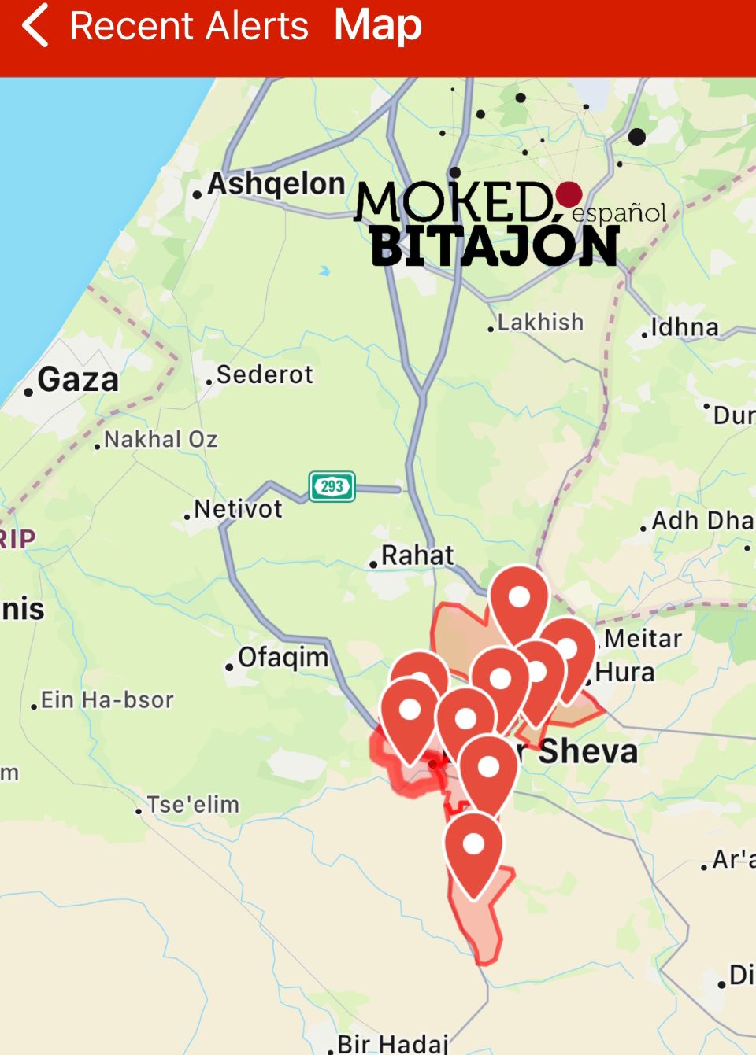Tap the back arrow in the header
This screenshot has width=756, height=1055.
point(35,25)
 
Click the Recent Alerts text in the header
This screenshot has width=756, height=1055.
point(189,26)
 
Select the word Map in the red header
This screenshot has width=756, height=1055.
point(378,25)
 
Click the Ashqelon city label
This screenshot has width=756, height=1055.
point(276,184)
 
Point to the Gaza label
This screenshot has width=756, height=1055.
point(77,380)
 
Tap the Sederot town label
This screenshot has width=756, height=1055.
point(265,374)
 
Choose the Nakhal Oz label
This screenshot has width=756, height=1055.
point(161,439)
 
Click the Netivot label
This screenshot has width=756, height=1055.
point(238,509)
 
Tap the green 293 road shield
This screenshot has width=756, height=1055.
point(332,486)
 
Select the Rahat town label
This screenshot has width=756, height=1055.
point(417,555)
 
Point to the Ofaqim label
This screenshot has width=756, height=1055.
point(283,657)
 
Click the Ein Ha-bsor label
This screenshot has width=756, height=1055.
point(107,699)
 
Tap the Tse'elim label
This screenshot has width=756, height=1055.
point(193,805)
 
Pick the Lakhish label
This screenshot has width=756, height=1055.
point(540,323)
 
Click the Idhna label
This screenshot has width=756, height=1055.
point(684,327)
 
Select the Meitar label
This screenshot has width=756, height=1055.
point(643,638)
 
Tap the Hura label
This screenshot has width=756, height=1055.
point(625,673)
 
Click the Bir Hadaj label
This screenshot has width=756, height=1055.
point(392,1044)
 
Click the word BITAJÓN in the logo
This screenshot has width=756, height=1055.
point(494,247)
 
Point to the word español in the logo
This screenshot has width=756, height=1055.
point(619,212)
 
